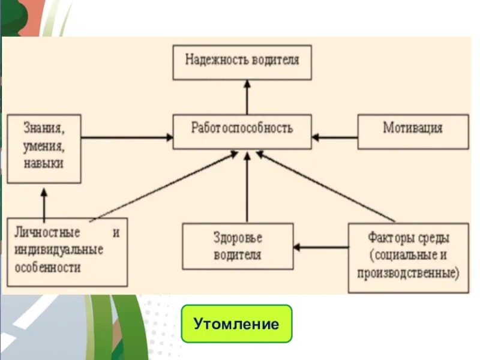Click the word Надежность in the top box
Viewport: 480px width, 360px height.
click(211, 60)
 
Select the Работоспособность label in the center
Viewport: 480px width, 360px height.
click(242, 128)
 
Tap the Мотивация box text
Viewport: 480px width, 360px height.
click(413, 128)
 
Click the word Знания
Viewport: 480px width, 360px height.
click(44, 128)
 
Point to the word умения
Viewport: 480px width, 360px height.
click(44, 146)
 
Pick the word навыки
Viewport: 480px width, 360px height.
click(44, 163)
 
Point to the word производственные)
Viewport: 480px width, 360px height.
click(408, 273)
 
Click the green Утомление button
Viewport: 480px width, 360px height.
click(236, 324)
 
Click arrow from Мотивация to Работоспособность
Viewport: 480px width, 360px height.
click(335, 137)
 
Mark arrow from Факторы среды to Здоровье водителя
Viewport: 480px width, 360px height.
click(320, 247)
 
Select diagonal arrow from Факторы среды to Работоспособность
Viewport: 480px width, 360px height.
click(327, 187)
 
